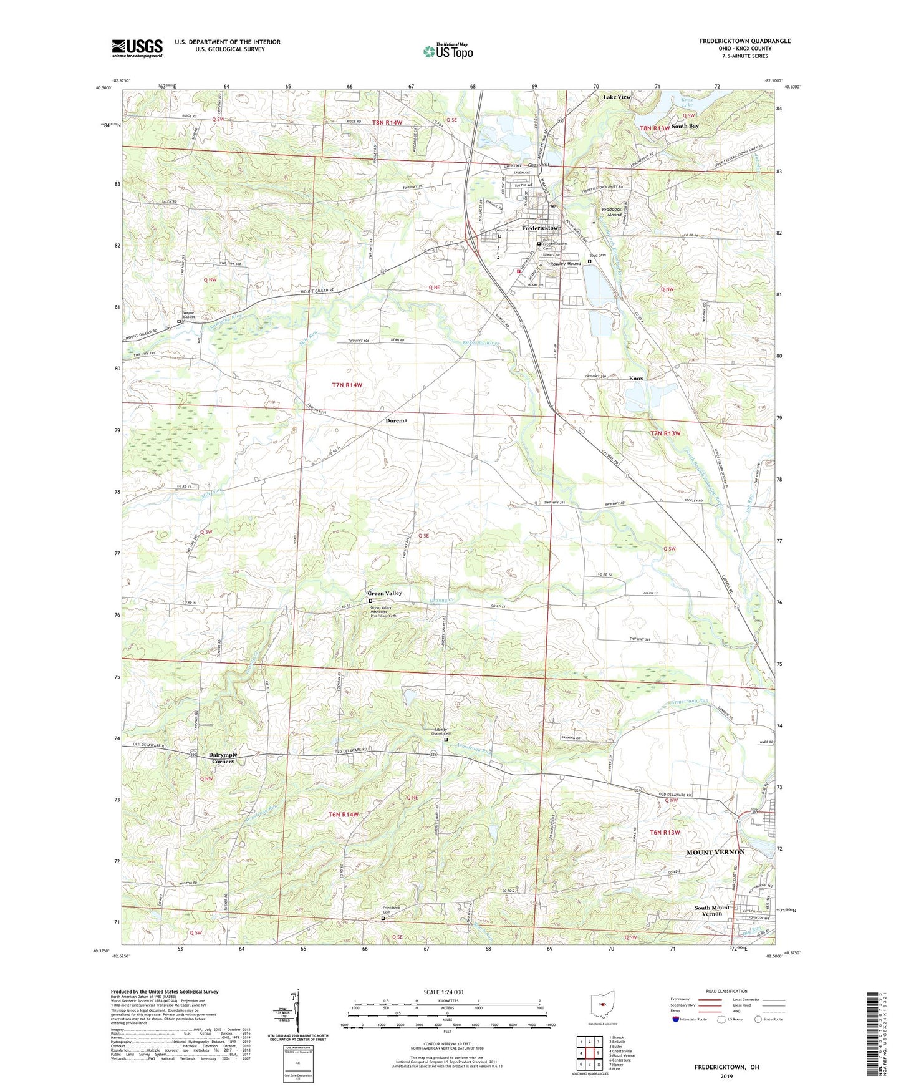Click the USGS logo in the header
(x=137, y=48)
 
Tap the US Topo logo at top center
(x=447, y=51)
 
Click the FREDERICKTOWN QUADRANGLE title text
(x=744, y=41)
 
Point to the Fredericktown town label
(x=541, y=228)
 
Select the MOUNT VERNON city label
(x=715, y=852)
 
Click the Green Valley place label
(x=384, y=593)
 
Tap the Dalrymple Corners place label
(x=223, y=758)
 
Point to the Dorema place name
(x=396, y=420)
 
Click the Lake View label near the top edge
(x=617, y=97)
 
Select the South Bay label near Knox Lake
(x=685, y=126)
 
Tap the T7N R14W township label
(x=346, y=385)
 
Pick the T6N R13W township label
(x=665, y=833)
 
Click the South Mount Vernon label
(x=711, y=911)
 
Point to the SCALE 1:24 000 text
(x=443, y=992)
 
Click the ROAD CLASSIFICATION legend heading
(x=726, y=991)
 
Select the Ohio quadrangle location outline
(x=602, y=1004)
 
